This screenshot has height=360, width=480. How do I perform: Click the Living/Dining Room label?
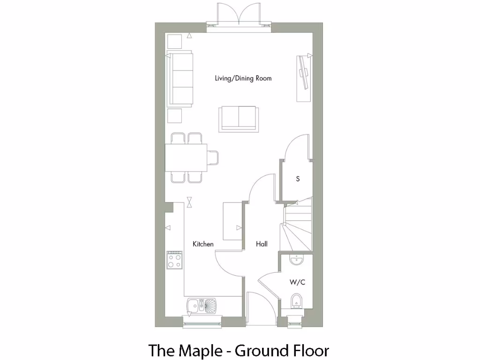tap(243, 78)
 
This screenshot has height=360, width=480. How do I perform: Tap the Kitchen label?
tap(203, 244)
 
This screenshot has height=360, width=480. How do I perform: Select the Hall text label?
tap(262, 244)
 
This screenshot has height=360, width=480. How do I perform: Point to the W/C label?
tap(297, 282)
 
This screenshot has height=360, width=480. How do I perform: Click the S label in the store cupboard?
tap(297, 179)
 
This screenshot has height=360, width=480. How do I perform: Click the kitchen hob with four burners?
tap(174, 260)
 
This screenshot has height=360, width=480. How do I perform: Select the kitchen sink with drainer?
tap(202, 306)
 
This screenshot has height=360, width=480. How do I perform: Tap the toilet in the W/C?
tap(296, 301)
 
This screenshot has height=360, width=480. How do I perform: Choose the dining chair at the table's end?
tap(213, 157)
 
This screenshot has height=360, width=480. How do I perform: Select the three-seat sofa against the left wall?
tap(180, 79)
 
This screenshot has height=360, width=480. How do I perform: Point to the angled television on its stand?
tap(304, 77)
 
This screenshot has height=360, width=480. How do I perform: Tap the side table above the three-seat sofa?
tap(175, 41)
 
